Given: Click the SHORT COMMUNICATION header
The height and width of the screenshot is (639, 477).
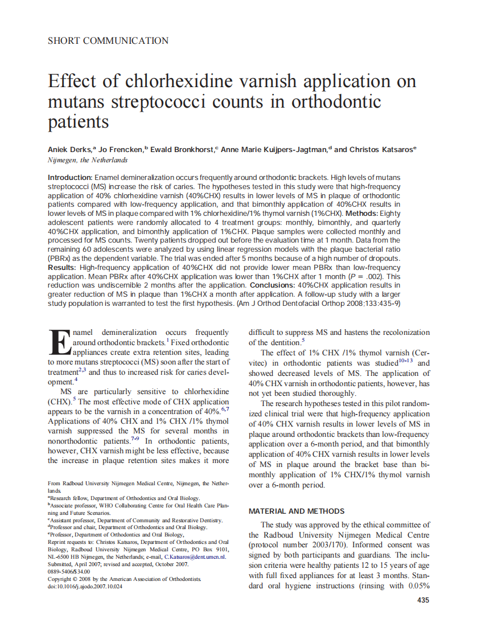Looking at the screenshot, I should pyautogui.click(x=108, y=40).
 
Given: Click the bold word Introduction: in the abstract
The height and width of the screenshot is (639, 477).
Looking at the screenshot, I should pyautogui.click(x=70, y=178).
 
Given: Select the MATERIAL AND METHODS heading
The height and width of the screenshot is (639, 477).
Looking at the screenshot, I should pyautogui.click(x=297, y=511).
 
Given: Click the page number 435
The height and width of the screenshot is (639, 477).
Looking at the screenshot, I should pyautogui.click(x=423, y=600).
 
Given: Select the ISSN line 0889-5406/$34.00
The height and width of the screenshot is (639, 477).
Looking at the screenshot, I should pyautogui.click(x=69, y=571).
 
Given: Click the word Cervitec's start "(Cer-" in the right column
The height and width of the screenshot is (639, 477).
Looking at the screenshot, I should pyautogui.click(x=420, y=353).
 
